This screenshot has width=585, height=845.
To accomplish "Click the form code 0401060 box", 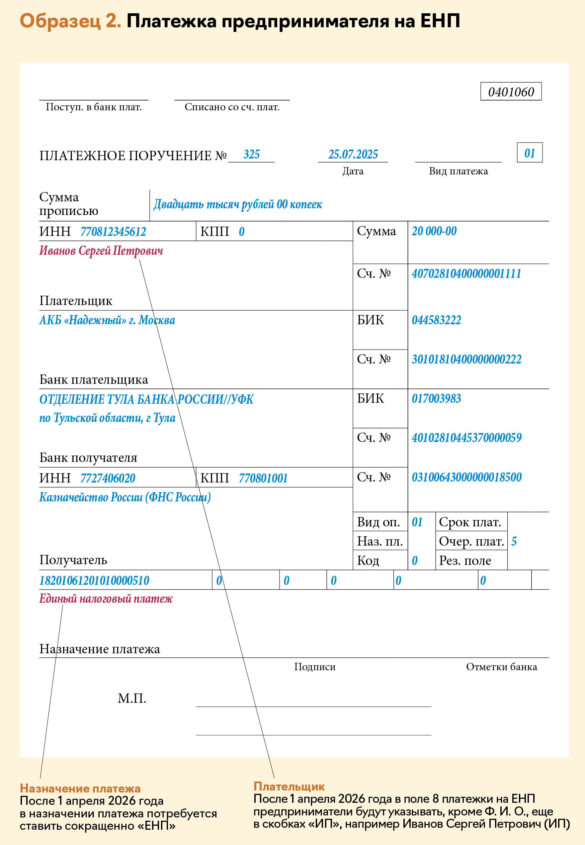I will coord(511,92).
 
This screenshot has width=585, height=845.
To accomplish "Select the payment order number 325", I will coord(251,155).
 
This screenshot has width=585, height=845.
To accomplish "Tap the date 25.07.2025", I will coord(353,155).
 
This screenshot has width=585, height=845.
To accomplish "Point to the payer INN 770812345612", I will coord(113,232).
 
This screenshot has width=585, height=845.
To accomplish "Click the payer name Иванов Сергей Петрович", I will coord(101,251).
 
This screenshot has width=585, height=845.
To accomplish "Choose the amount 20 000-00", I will coord(434,231).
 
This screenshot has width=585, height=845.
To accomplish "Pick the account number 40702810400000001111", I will coord(466,273).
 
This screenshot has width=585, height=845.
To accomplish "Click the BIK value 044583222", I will coord(436,320).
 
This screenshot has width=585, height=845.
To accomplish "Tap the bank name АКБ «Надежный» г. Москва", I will coord(107,320).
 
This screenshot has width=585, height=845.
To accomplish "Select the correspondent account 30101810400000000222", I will coord(466,360).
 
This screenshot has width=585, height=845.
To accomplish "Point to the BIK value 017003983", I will coord(436,399).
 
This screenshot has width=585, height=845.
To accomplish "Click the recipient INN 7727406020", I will coord(108,478).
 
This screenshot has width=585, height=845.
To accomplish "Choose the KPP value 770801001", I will coord(263,478).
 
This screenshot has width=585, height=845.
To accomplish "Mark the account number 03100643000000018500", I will coord(466,477).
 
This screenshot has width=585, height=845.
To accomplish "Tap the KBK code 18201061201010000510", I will coord(94,581).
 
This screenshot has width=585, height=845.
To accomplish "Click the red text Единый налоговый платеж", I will coord(106,599).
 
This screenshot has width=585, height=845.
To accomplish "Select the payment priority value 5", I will coord(514,541).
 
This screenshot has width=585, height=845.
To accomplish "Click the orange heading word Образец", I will coord(60,21).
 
